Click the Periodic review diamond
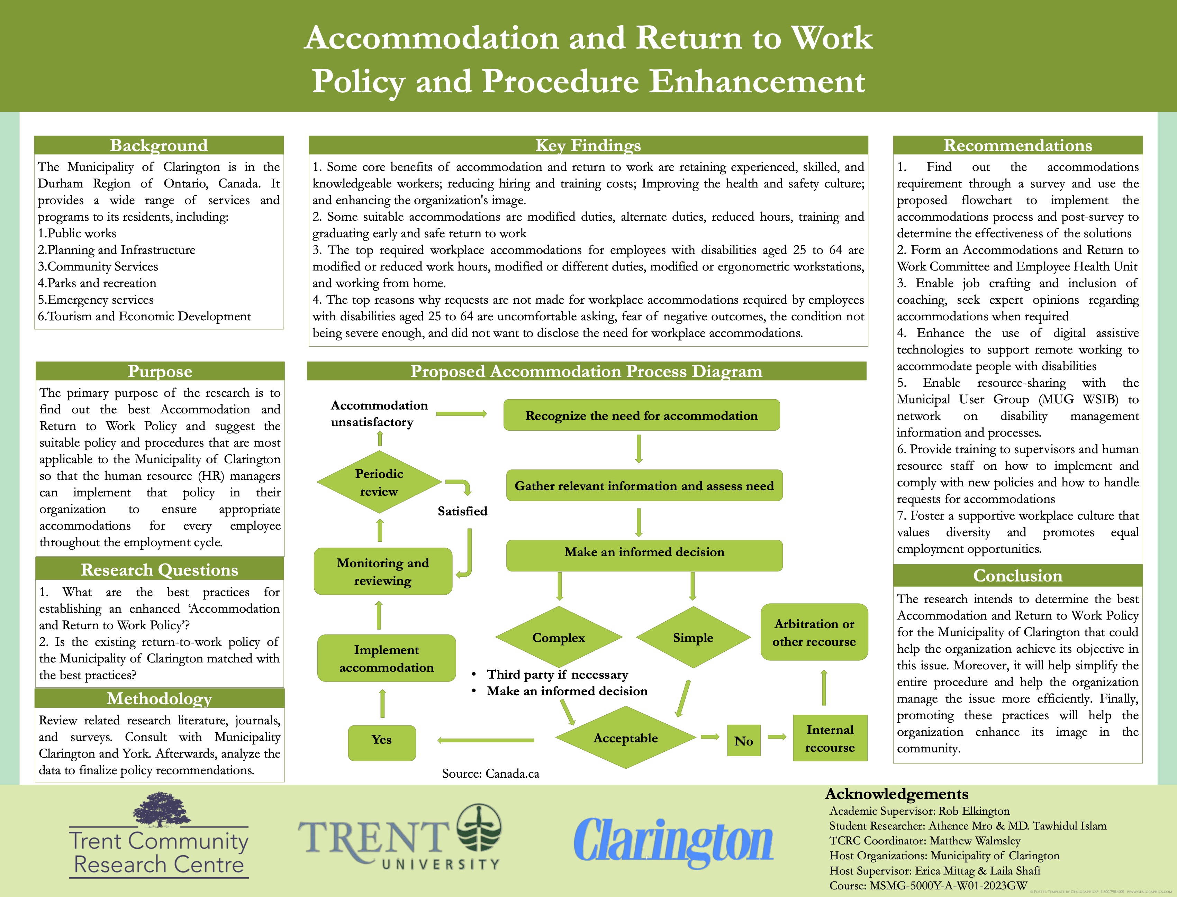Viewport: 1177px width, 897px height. click(379, 482)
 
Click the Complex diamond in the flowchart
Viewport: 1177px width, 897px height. click(559, 638)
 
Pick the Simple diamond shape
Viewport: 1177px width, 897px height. click(692, 638)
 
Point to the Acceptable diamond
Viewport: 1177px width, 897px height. click(625, 738)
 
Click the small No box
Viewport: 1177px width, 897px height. click(743, 741)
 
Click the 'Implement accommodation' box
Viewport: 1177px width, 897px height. click(386, 658)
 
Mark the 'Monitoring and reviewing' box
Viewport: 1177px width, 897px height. click(383, 571)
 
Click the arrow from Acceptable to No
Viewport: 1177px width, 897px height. click(710, 738)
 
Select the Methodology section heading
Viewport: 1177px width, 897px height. click(159, 698)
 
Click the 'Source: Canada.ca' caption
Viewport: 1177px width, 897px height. click(490, 774)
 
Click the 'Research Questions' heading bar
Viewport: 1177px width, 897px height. click(159, 570)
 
